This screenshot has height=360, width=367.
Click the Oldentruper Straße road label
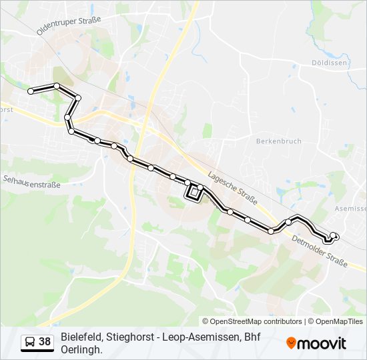pos(69,25)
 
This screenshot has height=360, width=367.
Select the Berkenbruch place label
pos(279,141)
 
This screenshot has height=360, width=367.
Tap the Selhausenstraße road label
pos(31,181)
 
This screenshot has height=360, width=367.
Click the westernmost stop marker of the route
pos(31,91)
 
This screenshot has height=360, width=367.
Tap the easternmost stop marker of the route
pos(334,235)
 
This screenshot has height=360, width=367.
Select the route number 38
pos(45,342)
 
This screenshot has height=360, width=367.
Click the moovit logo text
pos(322,343)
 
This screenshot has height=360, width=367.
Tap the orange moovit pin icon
pos(291,343)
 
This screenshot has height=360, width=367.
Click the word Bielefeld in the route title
pos(81,337)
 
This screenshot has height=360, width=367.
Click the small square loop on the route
pos(193,194)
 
